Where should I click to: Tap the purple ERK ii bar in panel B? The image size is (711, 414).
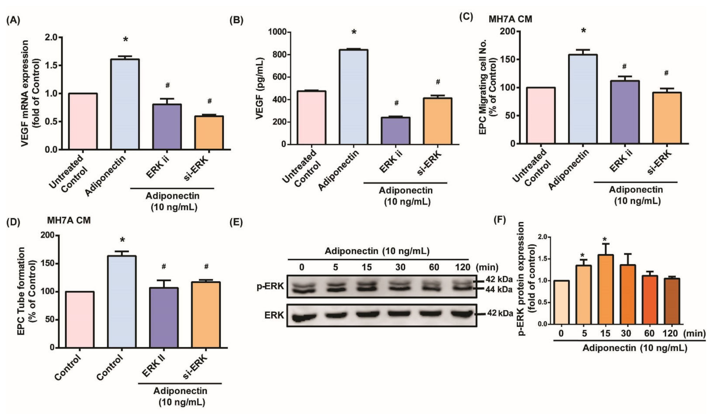click(396, 130)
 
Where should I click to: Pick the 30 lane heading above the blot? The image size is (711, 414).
click(400, 267)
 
